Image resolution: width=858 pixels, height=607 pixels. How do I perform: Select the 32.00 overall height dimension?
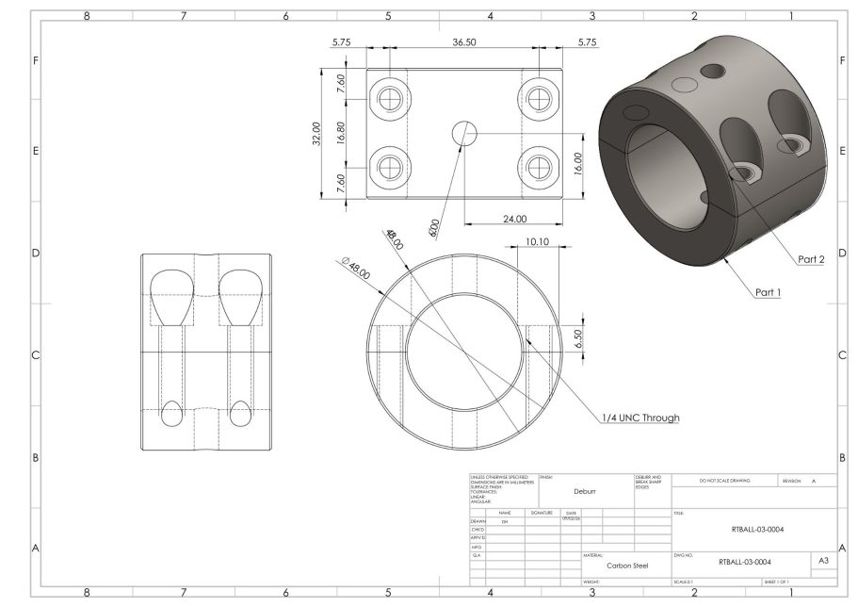point(317,133)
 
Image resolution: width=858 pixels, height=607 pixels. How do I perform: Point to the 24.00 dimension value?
point(514,219)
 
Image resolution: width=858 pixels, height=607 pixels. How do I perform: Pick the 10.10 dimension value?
point(537,241)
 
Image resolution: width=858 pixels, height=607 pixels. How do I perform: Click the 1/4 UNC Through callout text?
point(641,418)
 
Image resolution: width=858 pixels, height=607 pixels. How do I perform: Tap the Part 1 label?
point(769,292)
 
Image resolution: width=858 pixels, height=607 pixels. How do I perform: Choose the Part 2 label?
point(811,259)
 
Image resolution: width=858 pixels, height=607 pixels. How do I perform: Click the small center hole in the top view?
point(464,133)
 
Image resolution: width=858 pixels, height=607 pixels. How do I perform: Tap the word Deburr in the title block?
point(586,491)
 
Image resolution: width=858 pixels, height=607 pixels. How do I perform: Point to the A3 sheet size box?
point(822,561)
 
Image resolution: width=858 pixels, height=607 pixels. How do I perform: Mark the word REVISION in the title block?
point(792,481)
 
